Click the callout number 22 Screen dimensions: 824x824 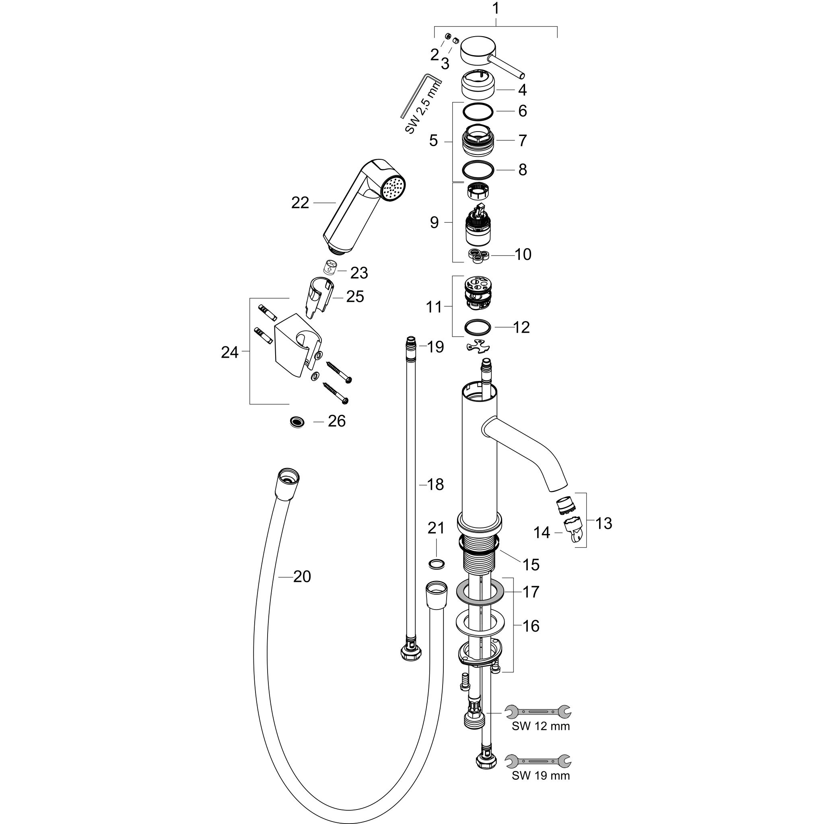(x=300, y=203)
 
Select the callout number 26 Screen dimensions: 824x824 (x=336, y=421)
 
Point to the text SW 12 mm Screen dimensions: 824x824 (x=541, y=726)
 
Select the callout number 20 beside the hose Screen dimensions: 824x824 (x=302, y=577)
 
